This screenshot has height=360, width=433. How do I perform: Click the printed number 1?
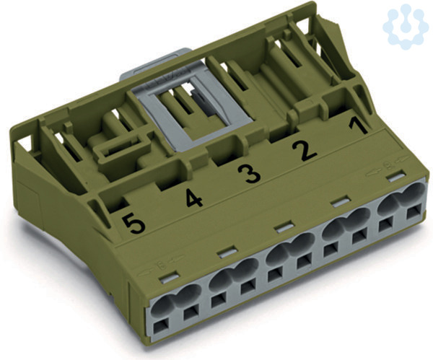358,126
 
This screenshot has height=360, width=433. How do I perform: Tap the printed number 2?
305,151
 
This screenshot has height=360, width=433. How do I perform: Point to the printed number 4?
194,198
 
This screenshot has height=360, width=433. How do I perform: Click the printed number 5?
134,224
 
